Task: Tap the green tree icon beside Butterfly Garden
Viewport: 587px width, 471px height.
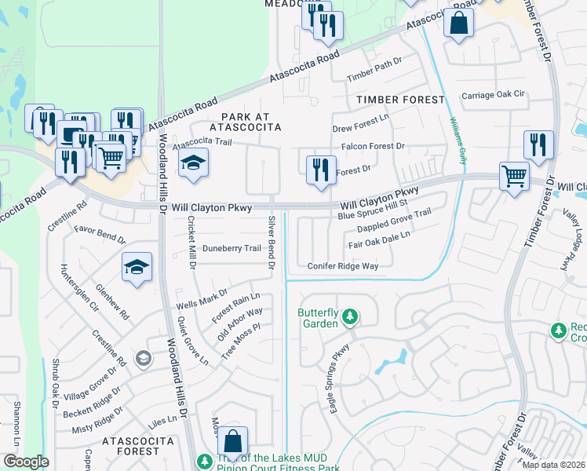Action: pyautogui.click(x=350, y=318)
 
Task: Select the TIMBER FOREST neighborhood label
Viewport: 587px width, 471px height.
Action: pyautogui.click(x=399, y=100)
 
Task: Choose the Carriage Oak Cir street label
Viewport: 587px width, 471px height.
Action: pyautogui.click(x=492, y=95)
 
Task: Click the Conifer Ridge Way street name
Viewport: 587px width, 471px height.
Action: pyautogui.click(x=343, y=266)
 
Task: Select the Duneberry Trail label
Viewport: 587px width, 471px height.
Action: pyautogui.click(x=232, y=248)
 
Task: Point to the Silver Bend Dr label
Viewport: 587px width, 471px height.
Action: pyautogui.click(x=272, y=243)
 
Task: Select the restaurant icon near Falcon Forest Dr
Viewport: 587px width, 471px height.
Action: pyautogui.click(x=319, y=170)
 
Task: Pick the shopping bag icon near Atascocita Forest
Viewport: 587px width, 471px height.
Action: pyautogui.click(x=233, y=442)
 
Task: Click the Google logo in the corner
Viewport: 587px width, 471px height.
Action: pyautogui.click(x=26, y=462)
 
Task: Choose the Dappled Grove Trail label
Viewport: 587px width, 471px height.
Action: pyautogui.click(x=394, y=221)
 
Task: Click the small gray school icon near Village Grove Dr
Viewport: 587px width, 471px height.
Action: pyautogui.click(x=143, y=359)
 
